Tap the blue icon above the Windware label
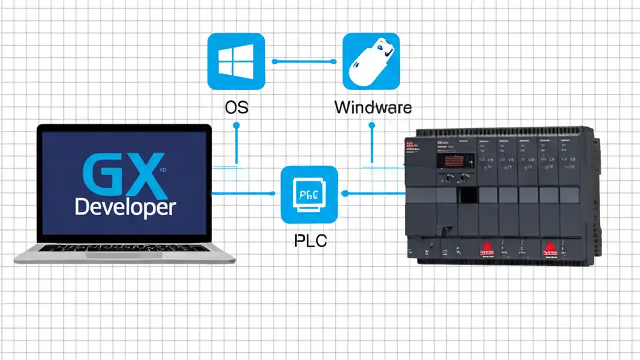pyautogui.click(x=371, y=61)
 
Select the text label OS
pyautogui.click(x=236, y=107)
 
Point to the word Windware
pyautogui.click(x=372, y=107)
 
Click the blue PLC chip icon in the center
pyautogui.click(x=309, y=194)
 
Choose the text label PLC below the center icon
pyautogui.click(x=309, y=240)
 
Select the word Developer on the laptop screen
pyautogui.click(x=125, y=207)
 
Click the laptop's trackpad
pyautogui.click(x=124, y=255)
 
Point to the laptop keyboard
pyautogui.click(x=124, y=248)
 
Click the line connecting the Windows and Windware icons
pyautogui.click(x=303, y=61)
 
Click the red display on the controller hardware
pyautogui.click(x=455, y=160)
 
